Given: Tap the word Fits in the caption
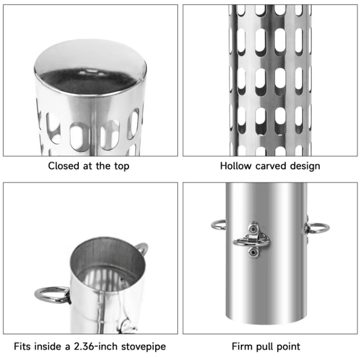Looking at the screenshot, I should (x=22, y=347).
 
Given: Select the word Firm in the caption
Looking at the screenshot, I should (x=243, y=347).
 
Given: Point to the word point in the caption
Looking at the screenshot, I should (x=288, y=347).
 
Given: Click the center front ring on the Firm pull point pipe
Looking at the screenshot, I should (x=252, y=242).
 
